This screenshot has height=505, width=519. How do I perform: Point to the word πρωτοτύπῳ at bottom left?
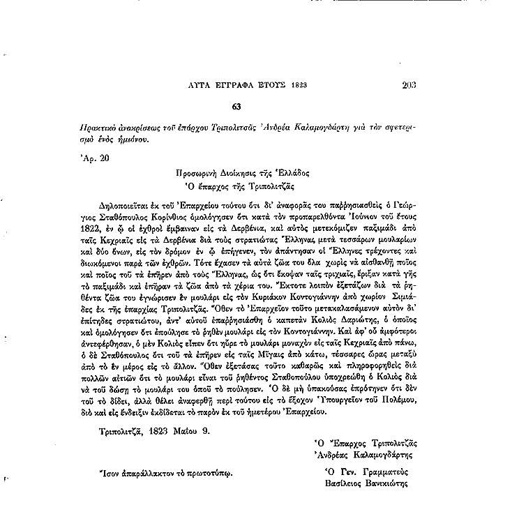206,472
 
